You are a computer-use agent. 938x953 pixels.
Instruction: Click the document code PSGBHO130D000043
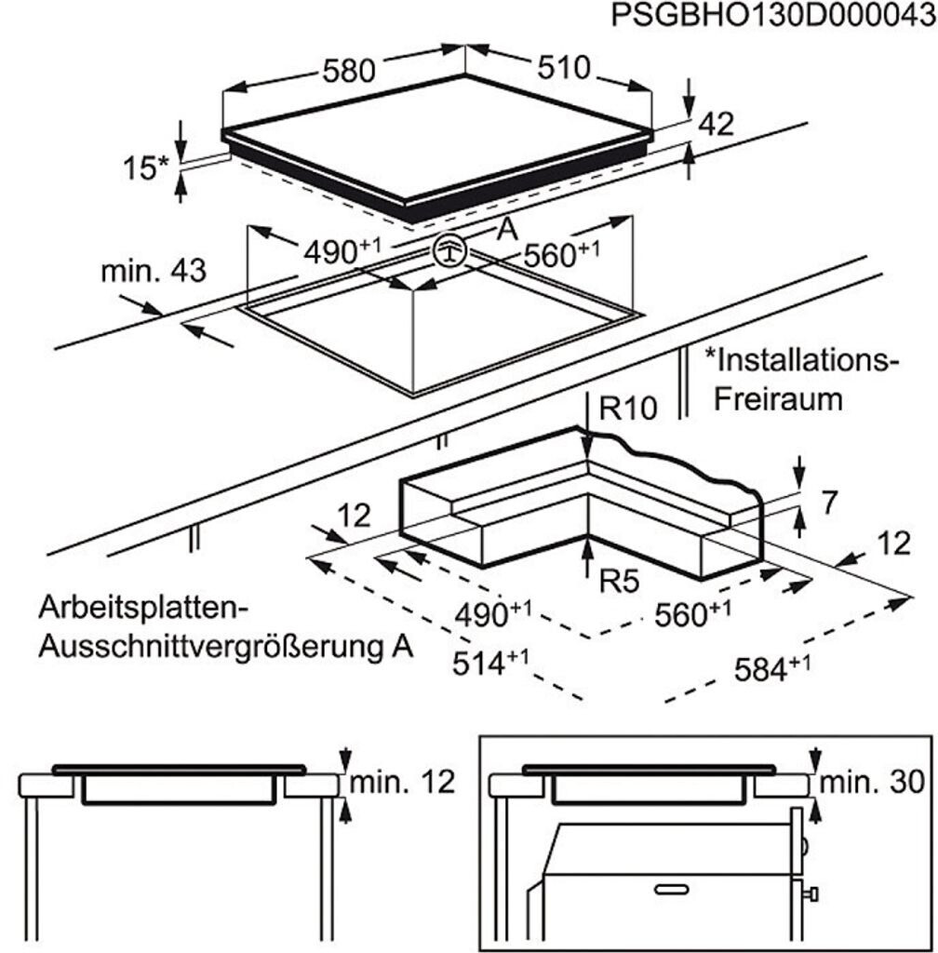coord(773,17)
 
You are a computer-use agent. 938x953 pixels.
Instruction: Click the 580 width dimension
coord(349,71)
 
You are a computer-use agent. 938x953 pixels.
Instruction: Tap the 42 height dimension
coord(716,125)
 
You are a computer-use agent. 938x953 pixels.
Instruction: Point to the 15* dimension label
coord(146,168)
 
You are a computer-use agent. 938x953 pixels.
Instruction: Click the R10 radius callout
coord(628,409)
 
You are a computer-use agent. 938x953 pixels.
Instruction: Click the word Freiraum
coord(778,399)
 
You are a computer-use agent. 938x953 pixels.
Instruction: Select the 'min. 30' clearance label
coord(875,782)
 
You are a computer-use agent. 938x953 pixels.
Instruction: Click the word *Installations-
coord(802,359)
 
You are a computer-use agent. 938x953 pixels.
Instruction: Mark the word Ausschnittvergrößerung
coord(205,647)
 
